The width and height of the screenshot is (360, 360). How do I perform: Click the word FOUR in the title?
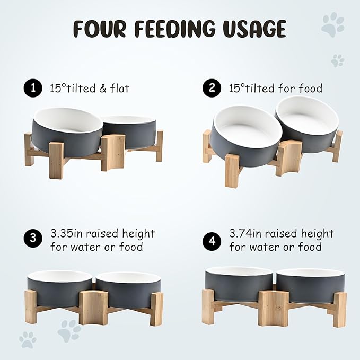point(100,28)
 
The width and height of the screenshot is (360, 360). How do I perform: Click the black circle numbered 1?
point(33,88)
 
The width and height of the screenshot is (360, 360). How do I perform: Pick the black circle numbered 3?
point(33,239)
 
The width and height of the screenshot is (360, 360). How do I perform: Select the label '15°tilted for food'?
point(276,89)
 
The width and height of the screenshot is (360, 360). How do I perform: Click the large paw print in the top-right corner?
point(333,24)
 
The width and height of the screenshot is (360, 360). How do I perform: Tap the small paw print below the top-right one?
point(337,60)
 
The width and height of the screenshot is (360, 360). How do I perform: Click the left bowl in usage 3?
point(59,288)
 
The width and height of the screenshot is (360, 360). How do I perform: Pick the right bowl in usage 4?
point(310,285)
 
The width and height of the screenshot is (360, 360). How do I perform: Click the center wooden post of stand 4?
point(274,308)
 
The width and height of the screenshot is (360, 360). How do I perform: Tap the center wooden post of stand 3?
point(94,307)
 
